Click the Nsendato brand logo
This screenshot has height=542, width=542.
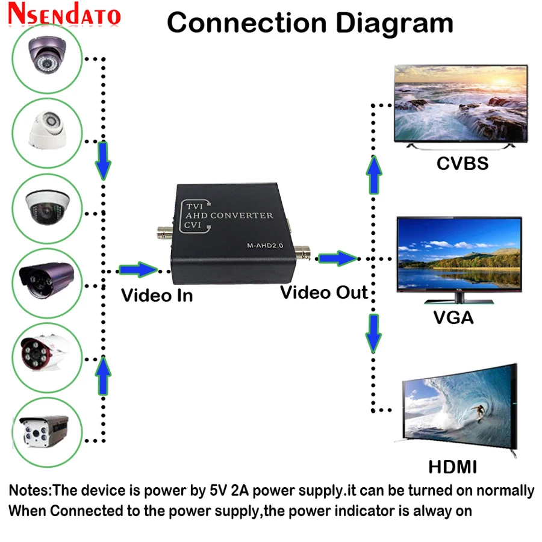coord(64,14)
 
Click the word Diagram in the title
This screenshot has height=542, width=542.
coord(394,23)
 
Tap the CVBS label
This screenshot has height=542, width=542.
coord(463,163)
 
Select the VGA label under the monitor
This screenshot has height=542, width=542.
coord(453,317)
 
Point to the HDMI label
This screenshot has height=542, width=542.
coord(452,467)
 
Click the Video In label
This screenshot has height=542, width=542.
coord(157,296)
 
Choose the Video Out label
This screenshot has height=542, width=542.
coord(324,293)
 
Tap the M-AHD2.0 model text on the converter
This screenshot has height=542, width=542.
coord(265,246)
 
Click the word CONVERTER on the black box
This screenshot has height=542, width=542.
coord(241,216)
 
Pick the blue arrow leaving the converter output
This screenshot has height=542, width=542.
coord(337,258)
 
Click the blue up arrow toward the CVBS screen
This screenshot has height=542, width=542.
coord(374,175)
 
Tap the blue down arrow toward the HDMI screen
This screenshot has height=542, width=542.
coord(373,334)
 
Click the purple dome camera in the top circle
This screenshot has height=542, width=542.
coord(48,55)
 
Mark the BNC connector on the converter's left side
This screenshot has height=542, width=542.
coord(165,233)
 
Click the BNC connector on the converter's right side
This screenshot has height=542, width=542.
coord(303,253)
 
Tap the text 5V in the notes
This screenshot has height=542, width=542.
coord(218,490)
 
